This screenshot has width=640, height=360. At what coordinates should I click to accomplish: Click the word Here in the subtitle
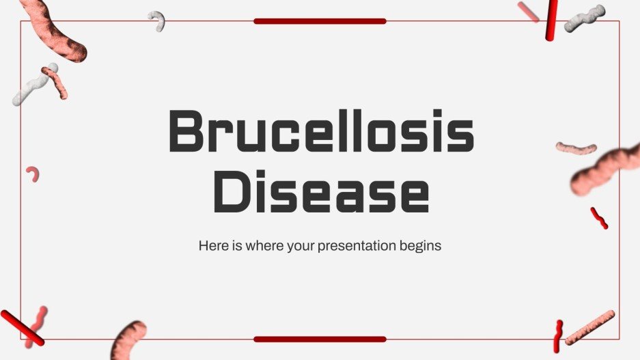pos(212,245)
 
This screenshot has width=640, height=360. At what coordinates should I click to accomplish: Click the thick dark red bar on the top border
pos(320,21)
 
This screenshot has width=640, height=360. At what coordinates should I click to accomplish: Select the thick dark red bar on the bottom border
pos(320,339)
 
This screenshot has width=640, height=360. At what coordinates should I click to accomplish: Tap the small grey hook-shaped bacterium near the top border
pos(158,20)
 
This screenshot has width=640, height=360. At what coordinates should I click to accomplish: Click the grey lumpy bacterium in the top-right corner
pos(585,18)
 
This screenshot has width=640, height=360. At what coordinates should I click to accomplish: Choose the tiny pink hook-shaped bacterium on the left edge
pos(32,174)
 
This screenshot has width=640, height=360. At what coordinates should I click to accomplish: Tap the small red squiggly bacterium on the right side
pos(599,218)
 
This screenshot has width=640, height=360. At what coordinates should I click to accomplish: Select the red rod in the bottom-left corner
pos(21,327)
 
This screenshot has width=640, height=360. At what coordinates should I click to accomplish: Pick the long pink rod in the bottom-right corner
pos(590,327)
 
